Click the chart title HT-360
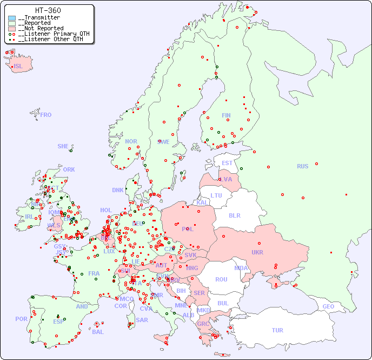48,10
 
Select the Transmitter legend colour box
12,18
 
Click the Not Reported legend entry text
41,28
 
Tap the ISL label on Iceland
18,67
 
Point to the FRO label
46,115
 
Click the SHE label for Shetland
63,146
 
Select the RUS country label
302,166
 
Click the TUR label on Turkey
277,330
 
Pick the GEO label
328,306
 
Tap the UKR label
257,252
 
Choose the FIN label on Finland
226,115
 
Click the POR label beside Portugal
21,319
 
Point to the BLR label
234,215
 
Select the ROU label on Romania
221,279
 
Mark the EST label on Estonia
227,163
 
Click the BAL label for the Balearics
97,332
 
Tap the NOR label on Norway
131,141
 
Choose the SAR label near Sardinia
142,319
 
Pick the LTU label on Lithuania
216,195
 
